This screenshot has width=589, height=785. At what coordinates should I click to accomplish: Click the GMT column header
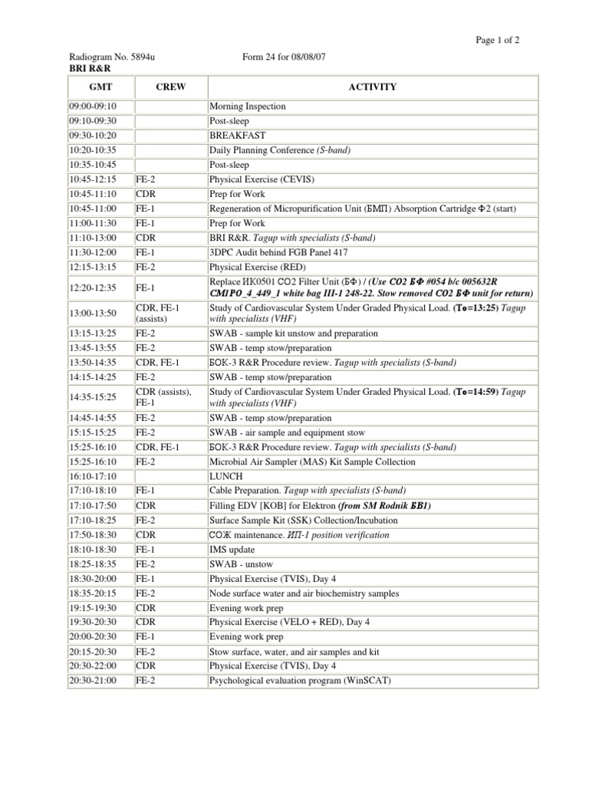click(100, 87)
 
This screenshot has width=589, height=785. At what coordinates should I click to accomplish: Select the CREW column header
click(170, 87)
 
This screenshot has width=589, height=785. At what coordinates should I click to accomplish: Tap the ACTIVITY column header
click(372, 87)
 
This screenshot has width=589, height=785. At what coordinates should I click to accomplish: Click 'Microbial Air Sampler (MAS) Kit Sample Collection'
click(312, 461)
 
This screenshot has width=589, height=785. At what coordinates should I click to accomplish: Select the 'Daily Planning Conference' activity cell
click(280, 149)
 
